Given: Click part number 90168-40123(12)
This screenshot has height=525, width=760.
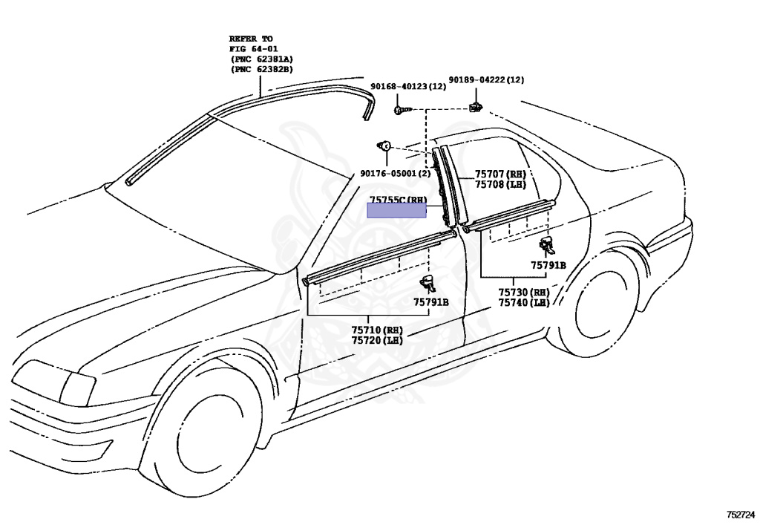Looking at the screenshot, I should pyautogui.click(x=408, y=87).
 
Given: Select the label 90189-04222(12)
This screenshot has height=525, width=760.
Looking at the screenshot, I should pyautogui.click(x=485, y=79).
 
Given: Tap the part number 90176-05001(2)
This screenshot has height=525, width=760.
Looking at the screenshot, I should pyautogui.click(x=395, y=173).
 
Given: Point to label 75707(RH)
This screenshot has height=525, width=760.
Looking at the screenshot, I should pyautogui.click(x=500, y=174).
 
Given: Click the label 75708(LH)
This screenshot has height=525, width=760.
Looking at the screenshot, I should pyautogui.click(x=500, y=184).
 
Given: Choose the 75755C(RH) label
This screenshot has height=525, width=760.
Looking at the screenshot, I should pyautogui.click(x=398, y=199).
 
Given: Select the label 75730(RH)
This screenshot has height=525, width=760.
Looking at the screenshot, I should pyautogui.click(x=523, y=292).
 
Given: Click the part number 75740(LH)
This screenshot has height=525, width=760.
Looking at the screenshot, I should pyautogui.click(x=523, y=302).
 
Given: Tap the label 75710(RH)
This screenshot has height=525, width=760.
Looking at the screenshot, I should pyautogui.click(x=376, y=329).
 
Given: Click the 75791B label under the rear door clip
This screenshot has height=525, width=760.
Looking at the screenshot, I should pyautogui.click(x=548, y=265).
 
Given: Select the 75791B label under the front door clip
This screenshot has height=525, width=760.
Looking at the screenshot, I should pyautogui.click(x=430, y=302).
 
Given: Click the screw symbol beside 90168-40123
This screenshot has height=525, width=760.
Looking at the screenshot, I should pyautogui.click(x=402, y=109).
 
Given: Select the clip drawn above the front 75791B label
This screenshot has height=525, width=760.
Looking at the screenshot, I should pyautogui.click(x=429, y=281).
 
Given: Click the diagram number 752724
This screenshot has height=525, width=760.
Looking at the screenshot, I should pyautogui.click(x=740, y=513).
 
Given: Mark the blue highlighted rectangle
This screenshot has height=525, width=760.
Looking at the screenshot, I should pyautogui.click(x=397, y=210).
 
